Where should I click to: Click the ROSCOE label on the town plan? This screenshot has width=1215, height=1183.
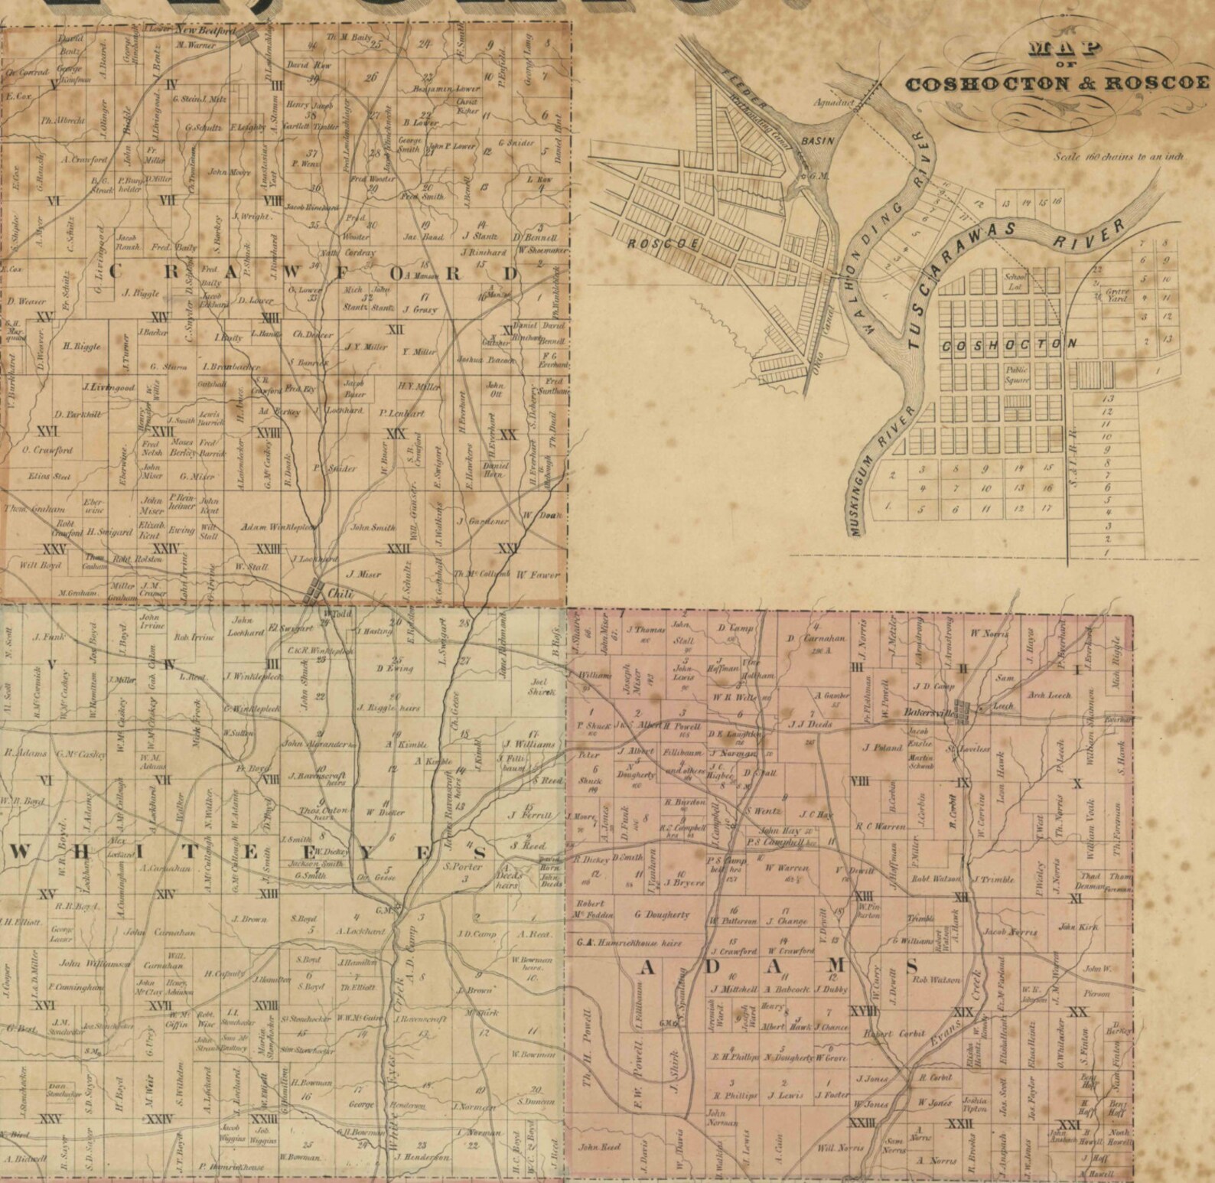(663, 244)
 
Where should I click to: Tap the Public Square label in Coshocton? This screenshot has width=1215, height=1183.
(1018, 374)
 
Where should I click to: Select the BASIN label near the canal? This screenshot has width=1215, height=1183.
(815, 142)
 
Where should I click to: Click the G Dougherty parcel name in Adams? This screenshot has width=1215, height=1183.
(663, 914)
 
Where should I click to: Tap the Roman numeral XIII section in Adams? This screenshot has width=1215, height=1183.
(862, 896)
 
